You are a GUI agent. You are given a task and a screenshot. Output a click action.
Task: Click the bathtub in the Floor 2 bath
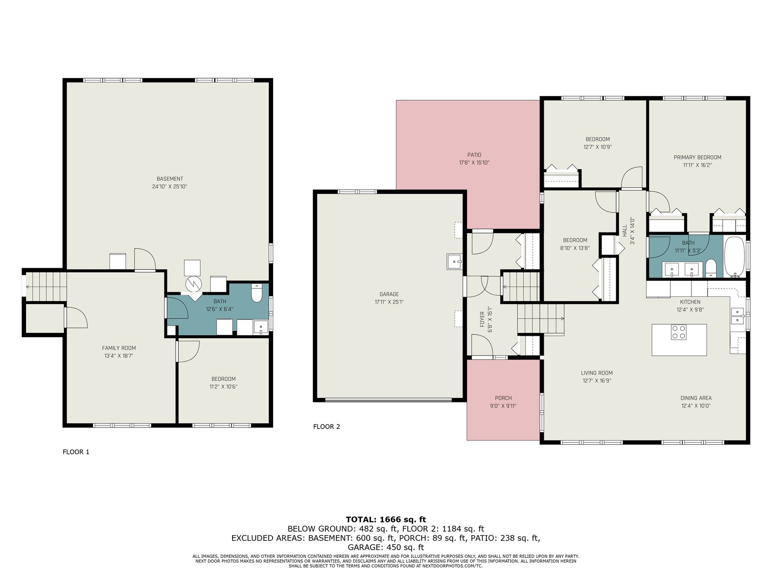(734, 257)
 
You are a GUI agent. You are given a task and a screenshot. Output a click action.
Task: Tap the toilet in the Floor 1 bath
(257, 293)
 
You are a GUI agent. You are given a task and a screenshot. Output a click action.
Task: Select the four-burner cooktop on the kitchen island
(678, 332)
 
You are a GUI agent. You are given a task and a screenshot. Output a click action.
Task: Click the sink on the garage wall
(454, 262)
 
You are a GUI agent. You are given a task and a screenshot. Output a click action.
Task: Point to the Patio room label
(474, 155)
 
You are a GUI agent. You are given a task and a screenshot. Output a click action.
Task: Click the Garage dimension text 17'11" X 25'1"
(389, 302)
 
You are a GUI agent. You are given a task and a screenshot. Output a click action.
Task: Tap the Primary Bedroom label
(697, 157)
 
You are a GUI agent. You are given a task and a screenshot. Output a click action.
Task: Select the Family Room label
(119, 348)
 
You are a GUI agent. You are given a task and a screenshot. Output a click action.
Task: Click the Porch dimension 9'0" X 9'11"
(503, 406)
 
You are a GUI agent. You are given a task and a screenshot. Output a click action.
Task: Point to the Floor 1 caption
(76, 452)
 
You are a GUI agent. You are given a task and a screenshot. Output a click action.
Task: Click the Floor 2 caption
(326, 427)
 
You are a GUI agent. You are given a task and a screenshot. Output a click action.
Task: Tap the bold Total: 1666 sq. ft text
(386, 519)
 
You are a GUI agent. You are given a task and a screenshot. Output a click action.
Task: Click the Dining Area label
(696, 398)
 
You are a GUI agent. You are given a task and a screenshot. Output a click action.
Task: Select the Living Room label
(596, 372)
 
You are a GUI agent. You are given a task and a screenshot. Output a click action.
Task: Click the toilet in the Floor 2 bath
(711, 269)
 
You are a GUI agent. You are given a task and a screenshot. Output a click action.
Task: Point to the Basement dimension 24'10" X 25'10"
(169, 186)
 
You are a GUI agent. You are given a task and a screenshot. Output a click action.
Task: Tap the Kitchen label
(690, 302)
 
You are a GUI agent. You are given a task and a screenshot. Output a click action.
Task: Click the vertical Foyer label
(482, 319)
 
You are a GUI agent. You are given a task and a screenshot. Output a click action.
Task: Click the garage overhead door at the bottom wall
(388, 400)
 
